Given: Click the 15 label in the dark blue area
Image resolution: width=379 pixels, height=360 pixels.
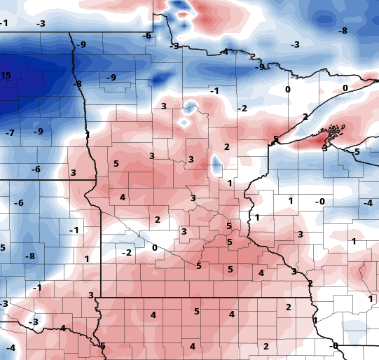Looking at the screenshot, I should pos(6,76).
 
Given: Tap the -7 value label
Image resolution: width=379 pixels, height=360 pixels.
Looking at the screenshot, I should pos(10,133).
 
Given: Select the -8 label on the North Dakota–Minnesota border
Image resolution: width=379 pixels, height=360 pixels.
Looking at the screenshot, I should pos(78,84).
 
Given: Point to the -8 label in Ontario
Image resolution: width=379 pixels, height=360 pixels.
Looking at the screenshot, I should pos(343,31).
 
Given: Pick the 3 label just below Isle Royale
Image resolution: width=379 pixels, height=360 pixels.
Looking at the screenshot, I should pos(324,148).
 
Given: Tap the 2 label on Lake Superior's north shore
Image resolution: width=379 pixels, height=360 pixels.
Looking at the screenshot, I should pos(305,116).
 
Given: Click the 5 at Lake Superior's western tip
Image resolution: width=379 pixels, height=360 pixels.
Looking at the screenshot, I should pos(276,139).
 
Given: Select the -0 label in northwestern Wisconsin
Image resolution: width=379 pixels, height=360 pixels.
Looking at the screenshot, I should pos(320,202).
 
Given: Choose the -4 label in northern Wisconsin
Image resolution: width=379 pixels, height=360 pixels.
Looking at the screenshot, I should pos(368,203).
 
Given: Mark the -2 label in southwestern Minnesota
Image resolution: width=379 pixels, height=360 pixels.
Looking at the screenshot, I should pos(127,253).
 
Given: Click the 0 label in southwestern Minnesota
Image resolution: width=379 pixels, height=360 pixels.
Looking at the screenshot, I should pos(154,248).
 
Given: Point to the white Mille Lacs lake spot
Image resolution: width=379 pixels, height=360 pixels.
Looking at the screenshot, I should pos(216,167).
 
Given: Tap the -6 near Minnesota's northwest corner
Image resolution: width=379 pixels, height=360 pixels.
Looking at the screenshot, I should pos(146,36).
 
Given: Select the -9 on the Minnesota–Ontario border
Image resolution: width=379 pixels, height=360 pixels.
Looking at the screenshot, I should pos(261,67).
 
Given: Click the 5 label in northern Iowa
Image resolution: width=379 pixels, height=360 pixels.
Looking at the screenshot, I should pos(197,312).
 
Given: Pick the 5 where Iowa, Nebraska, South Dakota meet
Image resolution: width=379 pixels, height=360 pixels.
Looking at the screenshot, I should pos(102,346).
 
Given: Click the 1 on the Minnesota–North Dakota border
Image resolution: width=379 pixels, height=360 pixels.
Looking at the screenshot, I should pos(88,134).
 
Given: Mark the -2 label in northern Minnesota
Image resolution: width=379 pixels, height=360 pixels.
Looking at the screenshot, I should pos(242,109).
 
